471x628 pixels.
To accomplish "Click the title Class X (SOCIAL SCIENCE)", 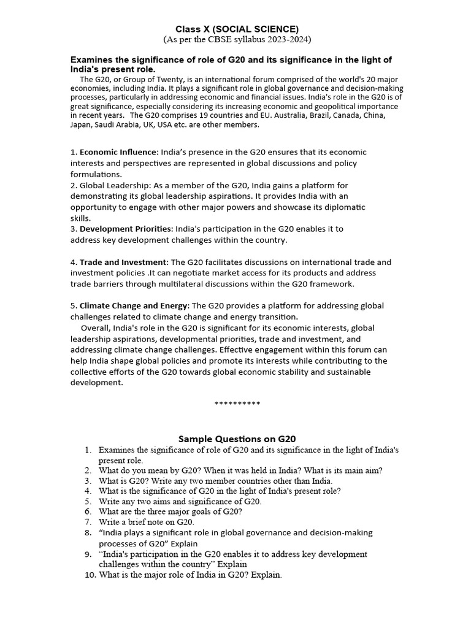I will [x=237, y=29].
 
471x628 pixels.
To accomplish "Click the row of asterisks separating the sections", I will [x=237, y=404].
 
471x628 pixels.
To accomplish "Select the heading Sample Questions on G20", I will [x=237, y=438].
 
